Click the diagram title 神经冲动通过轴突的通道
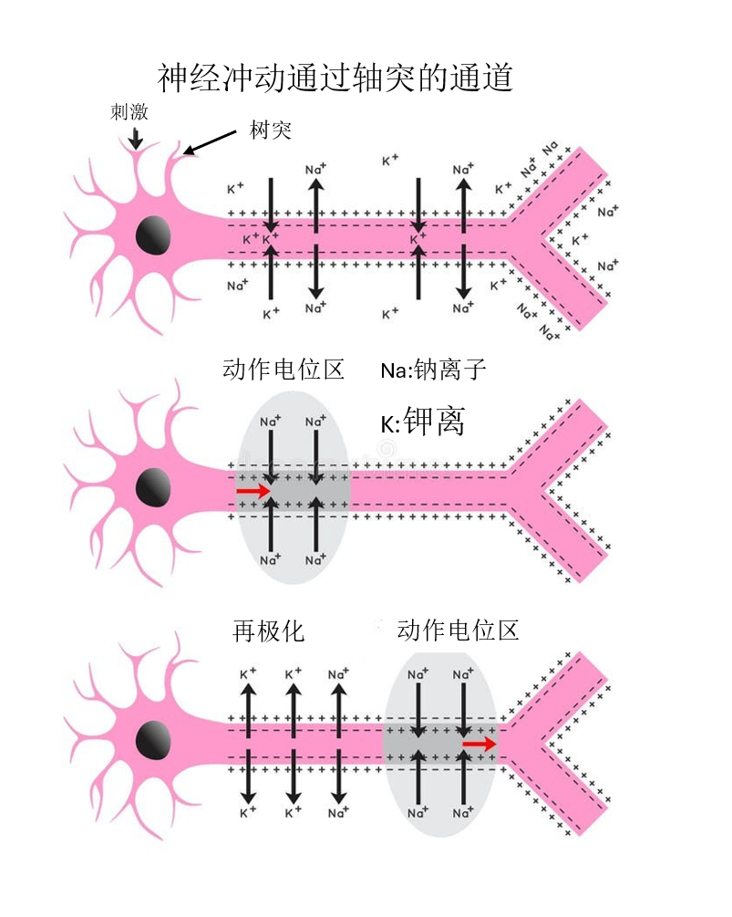[335, 78]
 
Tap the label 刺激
[129, 111]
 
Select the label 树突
[271, 130]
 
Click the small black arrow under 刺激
[136, 138]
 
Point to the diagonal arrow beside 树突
[210, 142]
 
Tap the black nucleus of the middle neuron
[153, 487]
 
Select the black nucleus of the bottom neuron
[153, 740]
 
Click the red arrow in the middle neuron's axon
[253, 490]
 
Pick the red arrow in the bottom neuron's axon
[479, 744]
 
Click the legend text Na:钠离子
[433, 370]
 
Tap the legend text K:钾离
[422, 421]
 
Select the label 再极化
[268, 631]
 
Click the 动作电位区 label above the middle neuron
[284, 370]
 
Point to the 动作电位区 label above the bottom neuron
[458, 630]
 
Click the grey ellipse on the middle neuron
[293, 488]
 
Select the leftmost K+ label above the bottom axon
[248, 673]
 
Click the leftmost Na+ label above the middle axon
[270, 421]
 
